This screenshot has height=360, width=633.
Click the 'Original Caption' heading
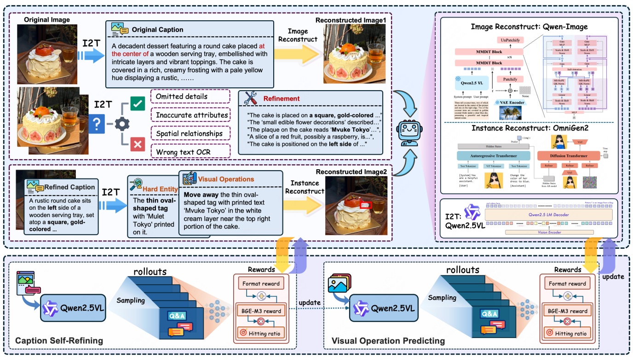157,29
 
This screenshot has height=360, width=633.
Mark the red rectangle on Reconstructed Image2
366,204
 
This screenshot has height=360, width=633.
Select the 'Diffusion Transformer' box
571,156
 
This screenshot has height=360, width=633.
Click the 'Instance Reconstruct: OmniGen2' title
529,128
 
